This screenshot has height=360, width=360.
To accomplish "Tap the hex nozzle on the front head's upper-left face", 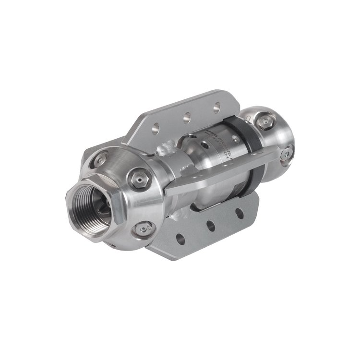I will [x=101, y=158].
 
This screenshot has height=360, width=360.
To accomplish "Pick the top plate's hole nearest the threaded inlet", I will [x=155, y=128].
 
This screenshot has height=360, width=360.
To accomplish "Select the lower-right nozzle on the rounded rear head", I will [x=286, y=153].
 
